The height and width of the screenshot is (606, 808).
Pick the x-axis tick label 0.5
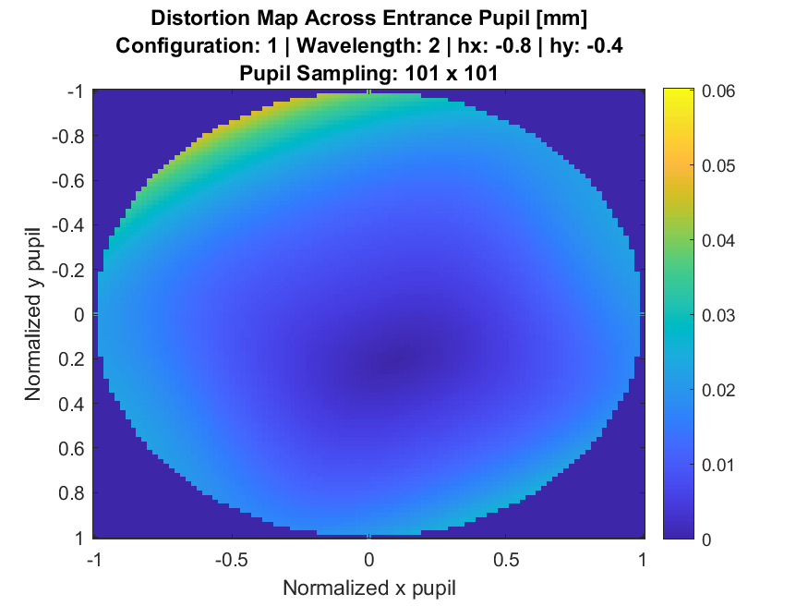[x=507, y=560]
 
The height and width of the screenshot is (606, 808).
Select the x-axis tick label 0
[x=368, y=560]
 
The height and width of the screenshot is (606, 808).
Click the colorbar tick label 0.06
[x=717, y=91]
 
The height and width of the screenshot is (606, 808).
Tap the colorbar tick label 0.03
[x=717, y=315]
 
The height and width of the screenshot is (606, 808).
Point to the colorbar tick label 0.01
[x=717, y=465]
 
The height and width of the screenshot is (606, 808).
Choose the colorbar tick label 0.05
[x=717, y=166]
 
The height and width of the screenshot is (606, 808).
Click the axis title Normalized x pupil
[x=368, y=588]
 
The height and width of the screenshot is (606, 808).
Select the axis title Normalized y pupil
[x=33, y=314]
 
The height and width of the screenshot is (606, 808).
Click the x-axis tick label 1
[x=643, y=560]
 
